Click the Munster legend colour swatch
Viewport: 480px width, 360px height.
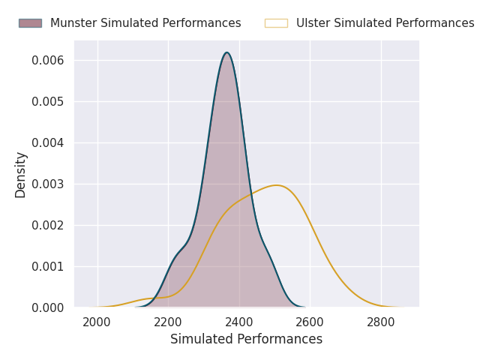[x=30, y=23]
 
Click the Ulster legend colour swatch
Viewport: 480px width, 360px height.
[x=276, y=23]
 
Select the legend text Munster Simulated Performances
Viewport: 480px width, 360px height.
[x=145, y=23]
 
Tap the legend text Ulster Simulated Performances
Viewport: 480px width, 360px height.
[x=385, y=23]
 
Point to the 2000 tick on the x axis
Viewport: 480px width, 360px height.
[x=97, y=322]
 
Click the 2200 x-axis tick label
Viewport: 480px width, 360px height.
[x=168, y=322]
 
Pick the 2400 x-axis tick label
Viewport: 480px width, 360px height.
[x=239, y=322]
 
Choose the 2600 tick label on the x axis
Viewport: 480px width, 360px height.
[x=310, y=322]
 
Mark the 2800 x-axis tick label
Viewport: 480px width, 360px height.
[x=381, y=322]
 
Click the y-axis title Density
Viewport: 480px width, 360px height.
[x=21, y=174]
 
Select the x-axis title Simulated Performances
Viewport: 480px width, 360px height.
[x=246, y=339]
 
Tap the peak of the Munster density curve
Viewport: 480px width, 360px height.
[x=226, y=52]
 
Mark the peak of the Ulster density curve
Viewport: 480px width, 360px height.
[x=277, y=184]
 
